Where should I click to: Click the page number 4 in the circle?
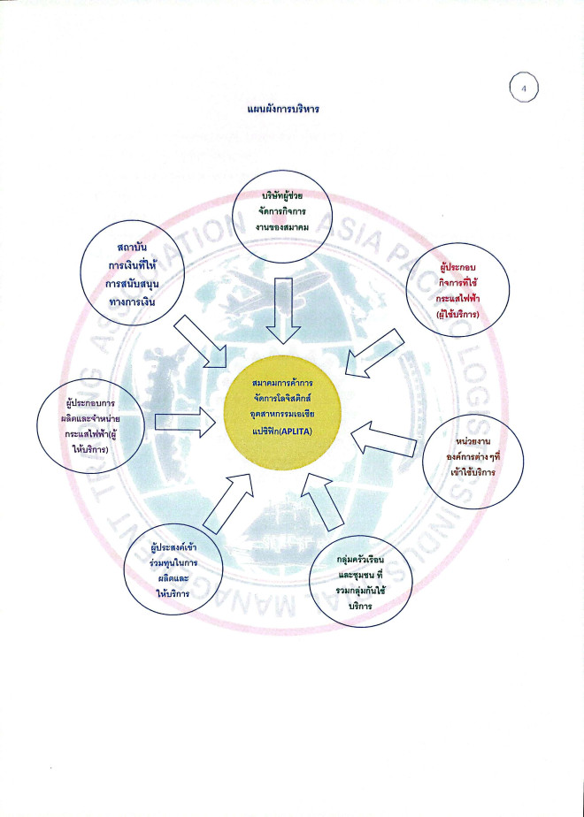(x=524, y=88)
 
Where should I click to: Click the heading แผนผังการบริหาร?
(x=284, y=110)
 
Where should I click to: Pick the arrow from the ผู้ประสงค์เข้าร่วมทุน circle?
(x=227, y=500)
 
